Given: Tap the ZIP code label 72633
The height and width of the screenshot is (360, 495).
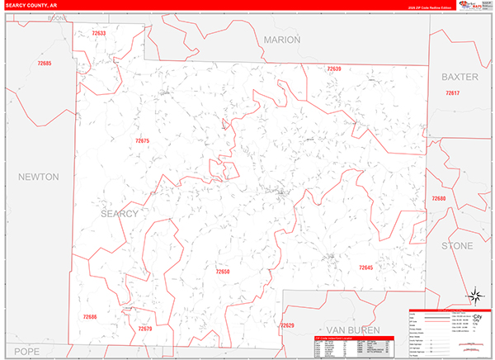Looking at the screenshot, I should point(99,34).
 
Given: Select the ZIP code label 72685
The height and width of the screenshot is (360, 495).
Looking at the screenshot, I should point(44,64).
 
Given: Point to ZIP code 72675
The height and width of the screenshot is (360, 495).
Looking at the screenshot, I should point(142,141).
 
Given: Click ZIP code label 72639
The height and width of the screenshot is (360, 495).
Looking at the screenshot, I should point(334,69).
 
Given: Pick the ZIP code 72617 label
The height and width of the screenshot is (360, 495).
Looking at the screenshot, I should point(452,93).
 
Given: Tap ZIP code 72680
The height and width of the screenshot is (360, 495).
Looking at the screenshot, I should point(439,199).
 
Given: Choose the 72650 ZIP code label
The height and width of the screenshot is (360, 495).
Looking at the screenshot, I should point(223,272).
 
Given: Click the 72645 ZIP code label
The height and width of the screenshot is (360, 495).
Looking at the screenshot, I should point(366,268).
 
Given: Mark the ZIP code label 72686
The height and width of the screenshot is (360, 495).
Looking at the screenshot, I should point(90,316).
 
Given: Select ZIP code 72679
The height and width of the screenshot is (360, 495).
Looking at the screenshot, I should point(145,329).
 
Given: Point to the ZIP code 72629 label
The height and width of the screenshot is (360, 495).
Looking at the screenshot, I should point(287,325).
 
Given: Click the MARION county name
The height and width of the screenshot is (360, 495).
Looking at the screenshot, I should point(282,40).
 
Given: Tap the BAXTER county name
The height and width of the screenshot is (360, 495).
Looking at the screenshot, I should point(460,77).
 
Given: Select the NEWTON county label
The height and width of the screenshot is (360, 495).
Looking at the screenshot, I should point(38,177).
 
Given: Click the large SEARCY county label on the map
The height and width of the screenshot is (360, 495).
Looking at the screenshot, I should point(119,213).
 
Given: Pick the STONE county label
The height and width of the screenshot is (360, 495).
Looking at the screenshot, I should point(457,246).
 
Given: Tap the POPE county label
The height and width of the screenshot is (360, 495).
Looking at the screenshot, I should point(26,351).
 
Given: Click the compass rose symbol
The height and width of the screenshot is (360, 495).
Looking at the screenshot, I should point(476,296).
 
